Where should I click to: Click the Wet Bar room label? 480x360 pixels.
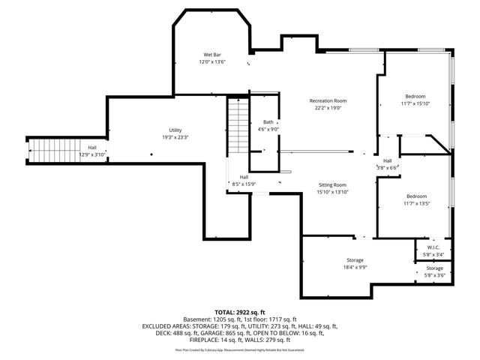pyautogui.click(x=212, y=55)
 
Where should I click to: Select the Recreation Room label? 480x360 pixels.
pyautogui.click(x=328, y=100)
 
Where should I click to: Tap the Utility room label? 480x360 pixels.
pyautogui.click(x=175, y=130)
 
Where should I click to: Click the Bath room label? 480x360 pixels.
pyautogui.click(x=268, y=121)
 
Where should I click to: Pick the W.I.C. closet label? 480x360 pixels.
pyautogui.click(x=433, y=247)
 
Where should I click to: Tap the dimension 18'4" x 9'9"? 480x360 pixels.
pyautogui.click(x=355, y=266)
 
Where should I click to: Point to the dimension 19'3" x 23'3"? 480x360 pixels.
pyautogui.click(x=175, y=137)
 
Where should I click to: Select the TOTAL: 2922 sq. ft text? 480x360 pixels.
pyautogui.click(x=240, y=312)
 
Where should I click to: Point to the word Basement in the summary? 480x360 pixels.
pyautogui.click(x=196, y=319)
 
